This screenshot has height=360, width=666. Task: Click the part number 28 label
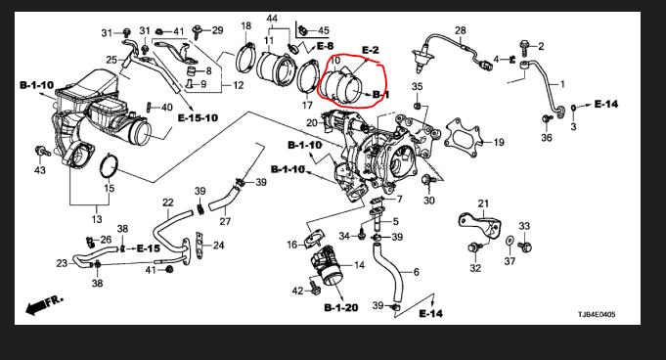pos(461,30)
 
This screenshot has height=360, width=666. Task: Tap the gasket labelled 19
pos(462,135)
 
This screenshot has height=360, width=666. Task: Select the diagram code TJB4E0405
pos(597,315)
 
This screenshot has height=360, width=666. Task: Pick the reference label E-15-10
pos(198,117)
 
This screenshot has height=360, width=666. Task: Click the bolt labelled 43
pos(42,151)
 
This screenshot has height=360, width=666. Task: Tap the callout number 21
pos(483,204)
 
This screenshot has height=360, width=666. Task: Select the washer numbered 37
pos(510,241)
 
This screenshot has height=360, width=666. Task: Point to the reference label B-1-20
pos(341,308)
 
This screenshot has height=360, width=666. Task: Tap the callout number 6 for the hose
pos(416,272)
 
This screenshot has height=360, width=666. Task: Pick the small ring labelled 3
pos(573,107)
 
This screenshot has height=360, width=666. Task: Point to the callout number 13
pos(97,219)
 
